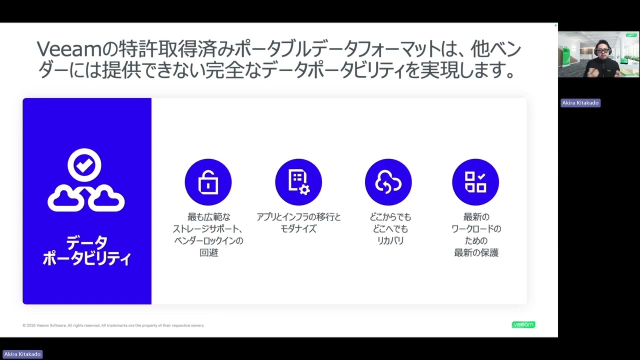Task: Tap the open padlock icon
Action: (208, 182)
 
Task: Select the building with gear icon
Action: (298, 182)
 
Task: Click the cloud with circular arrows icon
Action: (388, 182)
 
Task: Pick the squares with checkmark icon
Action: (475, 182)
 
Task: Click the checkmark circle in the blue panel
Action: (84, 165)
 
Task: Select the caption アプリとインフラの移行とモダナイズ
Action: (298, 223)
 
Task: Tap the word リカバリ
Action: (388, 240)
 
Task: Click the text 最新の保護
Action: (476, 252)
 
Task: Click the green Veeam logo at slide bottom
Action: (523, 324)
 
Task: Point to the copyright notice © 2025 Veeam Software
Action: (113, 325)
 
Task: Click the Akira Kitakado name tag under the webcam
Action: (580, 103)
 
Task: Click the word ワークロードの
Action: (476, 229)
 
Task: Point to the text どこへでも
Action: (388, 229)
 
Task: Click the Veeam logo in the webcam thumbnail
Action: (631, 35)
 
